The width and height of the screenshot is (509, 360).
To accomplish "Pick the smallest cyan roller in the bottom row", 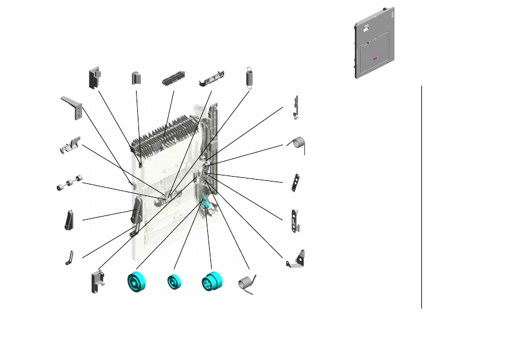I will pos(176,283).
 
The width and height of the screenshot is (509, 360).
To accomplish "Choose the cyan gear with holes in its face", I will pos(212,283).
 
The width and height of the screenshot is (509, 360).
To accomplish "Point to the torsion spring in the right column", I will pos(297,143).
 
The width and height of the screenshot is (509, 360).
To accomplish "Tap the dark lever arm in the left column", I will pos(69,218).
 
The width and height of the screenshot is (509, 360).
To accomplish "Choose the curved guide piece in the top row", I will pos(212,78).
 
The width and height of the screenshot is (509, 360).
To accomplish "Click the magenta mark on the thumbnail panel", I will pos(375,59).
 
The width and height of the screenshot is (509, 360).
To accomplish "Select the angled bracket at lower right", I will pos(297,259).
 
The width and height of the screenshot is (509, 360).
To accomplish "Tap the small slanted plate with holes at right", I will pos(296,182).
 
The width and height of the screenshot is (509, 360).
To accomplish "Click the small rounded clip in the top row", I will pos(137,78).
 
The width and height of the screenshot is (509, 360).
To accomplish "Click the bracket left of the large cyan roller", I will pos(99,281).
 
